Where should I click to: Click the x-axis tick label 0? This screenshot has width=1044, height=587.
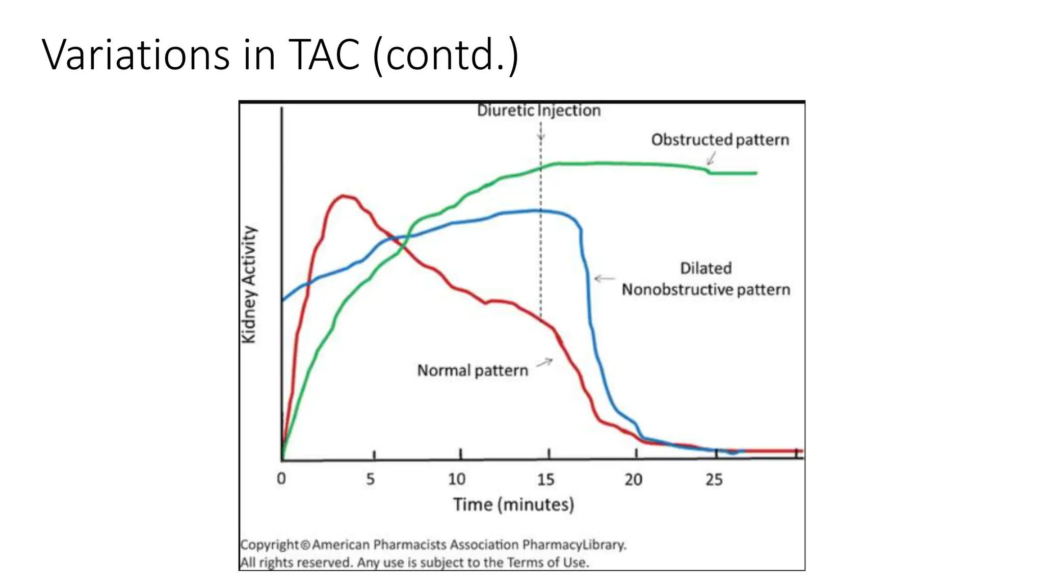[281, 479]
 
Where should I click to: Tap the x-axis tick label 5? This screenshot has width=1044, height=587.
[371, 479]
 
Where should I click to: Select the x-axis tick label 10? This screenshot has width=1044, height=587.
[457, 479]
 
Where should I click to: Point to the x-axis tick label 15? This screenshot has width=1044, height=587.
[545, 479]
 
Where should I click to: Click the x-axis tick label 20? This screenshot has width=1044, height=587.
[634, 479]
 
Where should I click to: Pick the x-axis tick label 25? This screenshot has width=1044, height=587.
[714, 479]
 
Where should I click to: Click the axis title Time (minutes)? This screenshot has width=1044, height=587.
[513, 504]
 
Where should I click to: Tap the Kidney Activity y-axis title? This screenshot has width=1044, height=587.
[249, 284]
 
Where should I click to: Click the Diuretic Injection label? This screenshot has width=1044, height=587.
[539, 111]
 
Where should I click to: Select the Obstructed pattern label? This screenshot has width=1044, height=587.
[720, 140]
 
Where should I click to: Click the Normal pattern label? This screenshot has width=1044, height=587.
[473, 370]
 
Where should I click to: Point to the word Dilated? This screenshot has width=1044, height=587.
[706, 268]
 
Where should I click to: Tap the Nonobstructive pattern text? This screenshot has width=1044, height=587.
[706, 290]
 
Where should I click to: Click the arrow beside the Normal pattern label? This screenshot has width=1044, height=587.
[544, 362]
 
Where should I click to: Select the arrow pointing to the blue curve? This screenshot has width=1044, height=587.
[605, 278]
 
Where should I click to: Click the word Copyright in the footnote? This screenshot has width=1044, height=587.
[269, 545]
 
